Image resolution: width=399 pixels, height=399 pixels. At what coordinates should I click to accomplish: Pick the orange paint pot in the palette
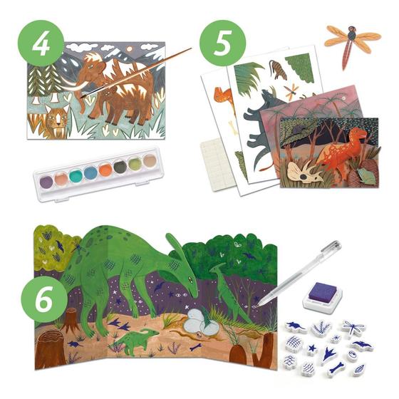(105, 170)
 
